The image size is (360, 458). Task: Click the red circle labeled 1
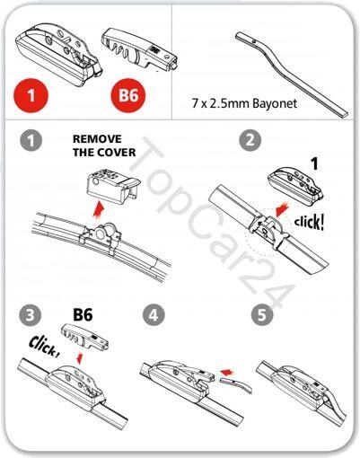(31, 95)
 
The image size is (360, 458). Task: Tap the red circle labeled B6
(128, 95)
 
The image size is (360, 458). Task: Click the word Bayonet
(275, 103)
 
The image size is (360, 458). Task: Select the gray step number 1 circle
(31, 140)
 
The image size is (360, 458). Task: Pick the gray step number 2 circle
(250, 140)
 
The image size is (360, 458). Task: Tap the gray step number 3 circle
(30, 315)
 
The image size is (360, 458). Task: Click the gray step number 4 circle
(154, 315)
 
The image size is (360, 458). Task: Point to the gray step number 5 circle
(262, 315)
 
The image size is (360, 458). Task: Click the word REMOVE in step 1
(97, 139)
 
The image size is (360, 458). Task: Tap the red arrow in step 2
(282, 209)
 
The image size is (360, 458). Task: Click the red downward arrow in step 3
(80, 358)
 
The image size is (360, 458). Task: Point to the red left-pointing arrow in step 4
(226, 372)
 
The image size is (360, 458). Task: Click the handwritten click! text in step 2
(309, 223)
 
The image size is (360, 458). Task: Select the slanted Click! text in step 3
(44, 346)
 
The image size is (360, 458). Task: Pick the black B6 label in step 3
(83, 315)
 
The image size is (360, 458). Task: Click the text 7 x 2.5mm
(221, 103)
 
